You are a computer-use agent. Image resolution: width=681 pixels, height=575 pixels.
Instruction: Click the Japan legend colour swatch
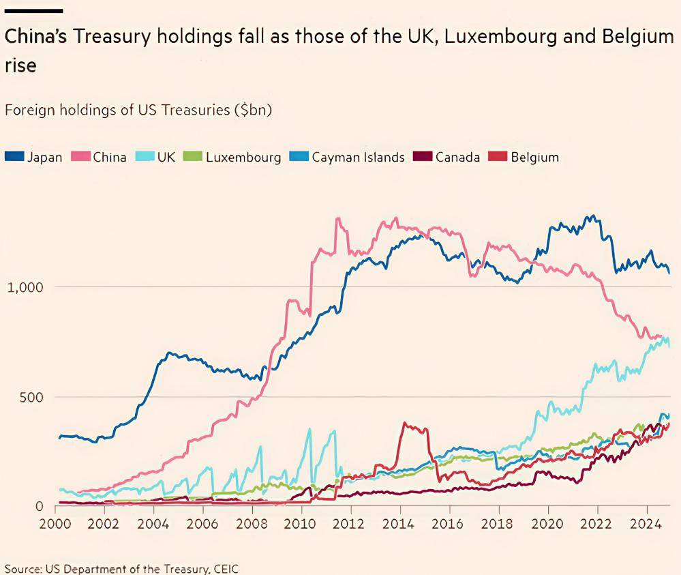[14, 157]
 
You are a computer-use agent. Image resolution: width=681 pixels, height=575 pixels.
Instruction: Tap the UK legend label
[166, 157]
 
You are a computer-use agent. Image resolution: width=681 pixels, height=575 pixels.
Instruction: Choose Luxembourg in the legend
[243, 157]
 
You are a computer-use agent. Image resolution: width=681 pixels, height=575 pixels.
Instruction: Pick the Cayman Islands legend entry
[358, 157]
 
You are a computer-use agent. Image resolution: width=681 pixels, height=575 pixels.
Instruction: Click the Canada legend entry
[457, 157]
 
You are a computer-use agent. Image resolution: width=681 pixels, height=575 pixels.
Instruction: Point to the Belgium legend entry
[534, 157]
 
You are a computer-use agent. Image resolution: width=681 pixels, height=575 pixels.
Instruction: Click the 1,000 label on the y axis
[25, 287]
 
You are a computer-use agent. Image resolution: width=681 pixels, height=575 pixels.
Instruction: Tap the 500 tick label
[30, 397]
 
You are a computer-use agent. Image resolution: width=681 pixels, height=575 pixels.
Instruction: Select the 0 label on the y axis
[40, 507]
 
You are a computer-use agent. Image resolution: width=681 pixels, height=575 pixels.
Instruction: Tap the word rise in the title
[20, 66]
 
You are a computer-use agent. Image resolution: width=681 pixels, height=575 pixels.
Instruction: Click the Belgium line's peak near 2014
[405, 424]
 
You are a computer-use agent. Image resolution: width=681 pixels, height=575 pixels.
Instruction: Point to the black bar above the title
[34, 11]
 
